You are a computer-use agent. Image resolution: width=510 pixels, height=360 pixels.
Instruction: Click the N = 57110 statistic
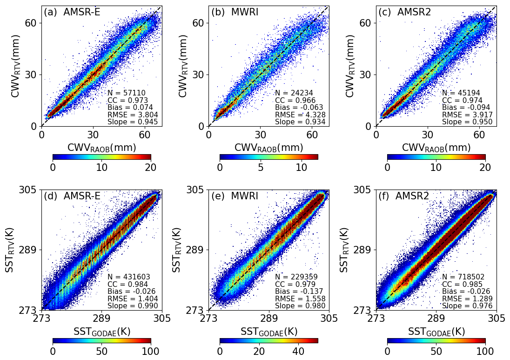tap(127, 93)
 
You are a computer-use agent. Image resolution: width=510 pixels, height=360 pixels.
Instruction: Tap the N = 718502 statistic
tap(463, 277)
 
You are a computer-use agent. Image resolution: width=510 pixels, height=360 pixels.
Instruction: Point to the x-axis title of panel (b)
tap(269, 148)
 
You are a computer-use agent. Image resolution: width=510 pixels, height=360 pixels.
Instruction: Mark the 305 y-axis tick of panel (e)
tap(195, 190)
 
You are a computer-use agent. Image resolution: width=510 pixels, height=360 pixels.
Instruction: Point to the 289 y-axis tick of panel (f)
tap(362, 250)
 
